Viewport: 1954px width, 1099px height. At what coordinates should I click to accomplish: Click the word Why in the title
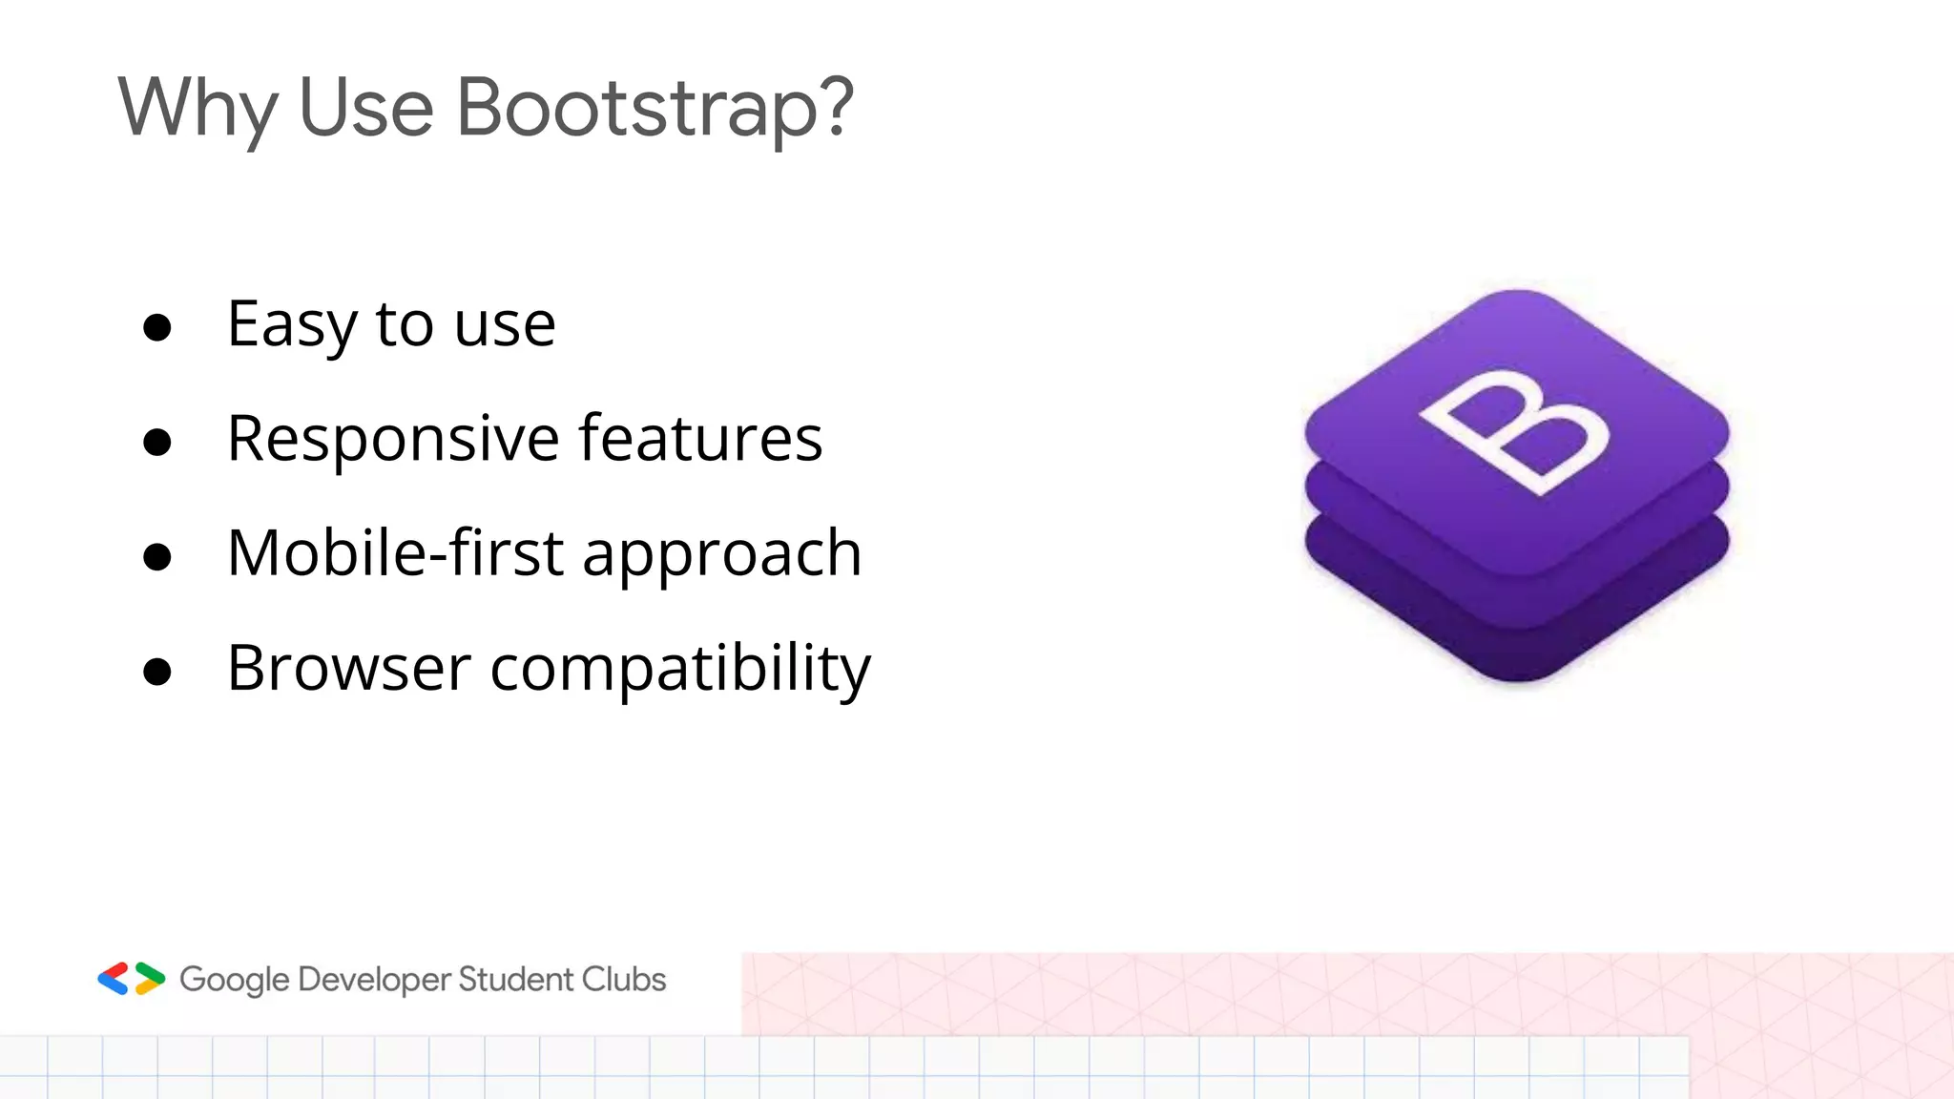(197, 108)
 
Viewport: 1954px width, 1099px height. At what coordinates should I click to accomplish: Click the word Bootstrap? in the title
(655, 108)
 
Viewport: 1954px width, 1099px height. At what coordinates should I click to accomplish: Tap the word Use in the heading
(366, 108)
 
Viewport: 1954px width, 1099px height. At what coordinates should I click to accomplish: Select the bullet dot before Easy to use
(156, 328)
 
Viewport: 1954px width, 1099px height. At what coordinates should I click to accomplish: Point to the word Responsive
(393, 440)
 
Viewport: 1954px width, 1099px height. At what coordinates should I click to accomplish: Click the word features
(700, 440)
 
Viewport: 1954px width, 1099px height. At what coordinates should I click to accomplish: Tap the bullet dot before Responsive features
(156, 443)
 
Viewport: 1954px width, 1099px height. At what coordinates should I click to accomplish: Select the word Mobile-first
(395, 554)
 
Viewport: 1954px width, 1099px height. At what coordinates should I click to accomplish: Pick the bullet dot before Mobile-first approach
(156, 557)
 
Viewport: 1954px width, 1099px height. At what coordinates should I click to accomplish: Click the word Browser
(348, 669)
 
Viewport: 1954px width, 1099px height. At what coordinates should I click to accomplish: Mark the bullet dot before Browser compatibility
(156, 672)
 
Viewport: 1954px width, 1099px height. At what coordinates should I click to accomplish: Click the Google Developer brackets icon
(132, 979)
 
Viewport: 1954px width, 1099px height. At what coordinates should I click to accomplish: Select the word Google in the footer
(234, 981)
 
